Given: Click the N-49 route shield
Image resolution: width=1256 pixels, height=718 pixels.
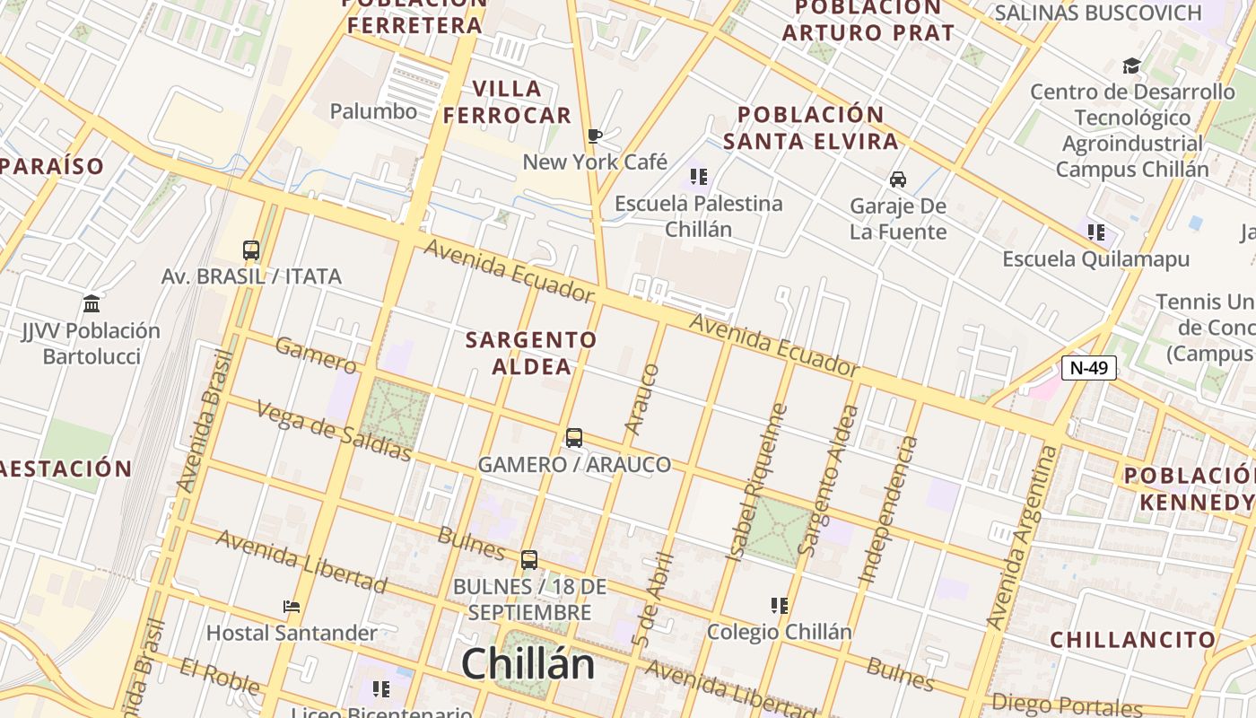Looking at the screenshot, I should (1088, 367).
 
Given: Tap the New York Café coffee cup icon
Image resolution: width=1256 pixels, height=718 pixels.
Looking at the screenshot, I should (594, 136).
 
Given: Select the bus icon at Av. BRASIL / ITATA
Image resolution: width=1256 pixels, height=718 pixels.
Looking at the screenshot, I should (251, 250).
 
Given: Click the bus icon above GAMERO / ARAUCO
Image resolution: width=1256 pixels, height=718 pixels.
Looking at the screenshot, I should (574, 438).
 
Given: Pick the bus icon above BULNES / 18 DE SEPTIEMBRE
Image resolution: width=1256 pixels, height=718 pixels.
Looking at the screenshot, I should (529, 560).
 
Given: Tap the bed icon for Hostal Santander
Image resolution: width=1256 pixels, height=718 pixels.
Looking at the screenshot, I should (292, 607).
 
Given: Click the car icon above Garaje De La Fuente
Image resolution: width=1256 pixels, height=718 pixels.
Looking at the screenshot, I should (897, 179).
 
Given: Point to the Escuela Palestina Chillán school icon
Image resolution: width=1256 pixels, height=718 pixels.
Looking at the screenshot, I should (699, 177).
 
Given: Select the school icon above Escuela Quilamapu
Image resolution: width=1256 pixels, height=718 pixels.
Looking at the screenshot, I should (1096, 232).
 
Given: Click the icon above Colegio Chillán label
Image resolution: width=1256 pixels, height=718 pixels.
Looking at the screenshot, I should (780, 606).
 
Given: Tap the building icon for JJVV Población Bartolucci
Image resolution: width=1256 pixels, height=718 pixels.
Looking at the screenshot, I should (91, 303).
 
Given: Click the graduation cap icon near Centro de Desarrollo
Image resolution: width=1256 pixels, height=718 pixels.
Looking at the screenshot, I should (1131, 66).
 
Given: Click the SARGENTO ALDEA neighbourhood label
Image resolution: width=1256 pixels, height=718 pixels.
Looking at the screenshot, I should (531, 353).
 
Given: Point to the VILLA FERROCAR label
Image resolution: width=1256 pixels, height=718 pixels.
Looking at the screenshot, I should (507, 102).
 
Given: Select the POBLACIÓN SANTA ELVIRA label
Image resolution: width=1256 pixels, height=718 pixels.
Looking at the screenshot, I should (811, 128).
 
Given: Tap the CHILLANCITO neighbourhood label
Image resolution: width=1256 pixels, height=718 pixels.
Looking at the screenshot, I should (1133, 640).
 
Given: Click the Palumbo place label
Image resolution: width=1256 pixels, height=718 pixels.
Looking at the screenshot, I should (373, 111).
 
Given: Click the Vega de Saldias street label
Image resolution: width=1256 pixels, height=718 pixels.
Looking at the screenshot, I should (334, 431).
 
